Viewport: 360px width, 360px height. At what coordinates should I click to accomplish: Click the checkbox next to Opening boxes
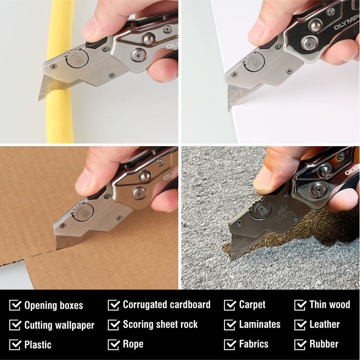tap(15, 306)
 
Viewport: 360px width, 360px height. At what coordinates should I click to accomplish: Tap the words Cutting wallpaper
tap(59, 325)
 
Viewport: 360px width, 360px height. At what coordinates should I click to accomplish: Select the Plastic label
tap(38, 345)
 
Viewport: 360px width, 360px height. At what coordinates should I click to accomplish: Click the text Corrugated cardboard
tap(166, 305)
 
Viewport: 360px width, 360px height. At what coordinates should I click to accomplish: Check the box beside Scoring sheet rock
tap(113, 325)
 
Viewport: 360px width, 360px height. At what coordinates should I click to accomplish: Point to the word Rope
tap(133, 345)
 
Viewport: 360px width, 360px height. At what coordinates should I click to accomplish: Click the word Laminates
tap(260, 324)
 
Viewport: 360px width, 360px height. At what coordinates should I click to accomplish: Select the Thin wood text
tap(329, 305)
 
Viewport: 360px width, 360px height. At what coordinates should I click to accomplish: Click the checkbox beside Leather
tap(300, 325)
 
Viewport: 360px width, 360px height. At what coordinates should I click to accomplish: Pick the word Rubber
tap(324, 345)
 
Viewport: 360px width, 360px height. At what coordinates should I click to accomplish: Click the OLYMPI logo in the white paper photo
tap(346, 23)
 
